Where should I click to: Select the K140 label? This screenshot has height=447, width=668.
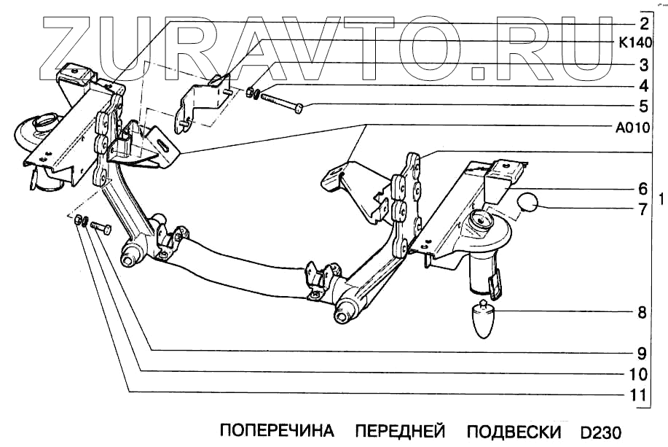[x=640, y=43]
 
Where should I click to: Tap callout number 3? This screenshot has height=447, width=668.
[x=645, y=64]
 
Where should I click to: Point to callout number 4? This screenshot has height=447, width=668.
[x=645, y=85]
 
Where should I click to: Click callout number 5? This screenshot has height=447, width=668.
[x=645, y=106]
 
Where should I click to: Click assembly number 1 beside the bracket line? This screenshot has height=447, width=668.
[x=661, y=198]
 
